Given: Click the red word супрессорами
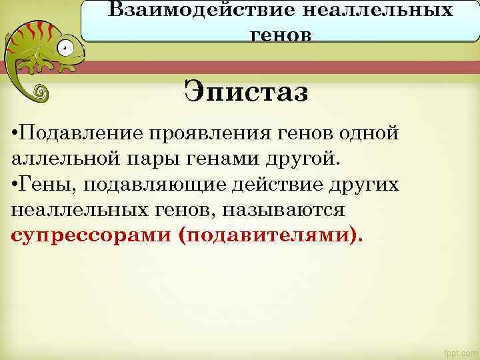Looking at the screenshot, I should (91, 236).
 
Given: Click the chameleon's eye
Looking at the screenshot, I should (64, 47).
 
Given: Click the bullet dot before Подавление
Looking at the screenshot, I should (15, 132).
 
